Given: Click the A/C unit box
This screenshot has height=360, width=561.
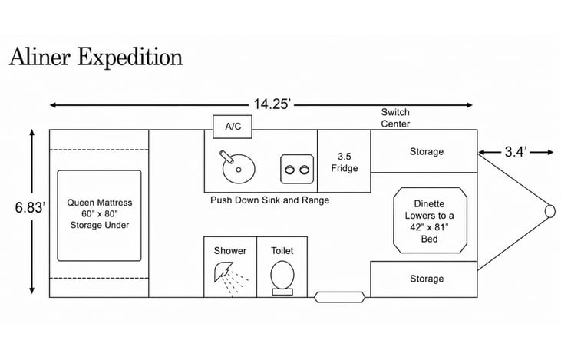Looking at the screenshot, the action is pos(233,127).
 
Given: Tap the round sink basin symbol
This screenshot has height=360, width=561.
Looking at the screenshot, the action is pos(239,169).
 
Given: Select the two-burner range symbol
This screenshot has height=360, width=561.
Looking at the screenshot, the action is pos(297,169).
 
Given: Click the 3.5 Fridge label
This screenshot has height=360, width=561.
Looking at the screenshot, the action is pos(344,162).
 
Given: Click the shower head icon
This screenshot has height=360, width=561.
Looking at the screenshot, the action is pos(223,272).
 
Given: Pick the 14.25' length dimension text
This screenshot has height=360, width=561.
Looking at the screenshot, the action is pos(272,104).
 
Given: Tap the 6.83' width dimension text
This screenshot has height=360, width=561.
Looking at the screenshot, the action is pos(31,207).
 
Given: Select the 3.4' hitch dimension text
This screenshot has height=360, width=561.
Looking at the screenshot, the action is pos(516,152).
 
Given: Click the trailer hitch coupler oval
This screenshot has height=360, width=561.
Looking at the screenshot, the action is pos(550,211).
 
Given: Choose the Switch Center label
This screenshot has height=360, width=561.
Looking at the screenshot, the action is pos(395,117).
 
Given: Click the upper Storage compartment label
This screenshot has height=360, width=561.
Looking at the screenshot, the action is pos(427,151).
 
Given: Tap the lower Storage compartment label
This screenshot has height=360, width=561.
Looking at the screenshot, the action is pos(427,279).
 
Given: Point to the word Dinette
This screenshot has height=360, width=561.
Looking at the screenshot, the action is pos(429,203).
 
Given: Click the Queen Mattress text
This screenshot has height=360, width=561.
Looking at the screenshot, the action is pos(100,203).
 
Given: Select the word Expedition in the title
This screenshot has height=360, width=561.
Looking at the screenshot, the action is pos(130,58).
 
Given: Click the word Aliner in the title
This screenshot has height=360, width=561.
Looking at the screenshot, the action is pos(40,57).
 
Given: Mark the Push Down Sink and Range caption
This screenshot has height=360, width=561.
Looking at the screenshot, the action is pos(270,200).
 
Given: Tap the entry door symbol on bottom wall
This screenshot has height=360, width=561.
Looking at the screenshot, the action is pos(339,297).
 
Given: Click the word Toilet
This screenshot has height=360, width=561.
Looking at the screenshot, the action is pos(282,250).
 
